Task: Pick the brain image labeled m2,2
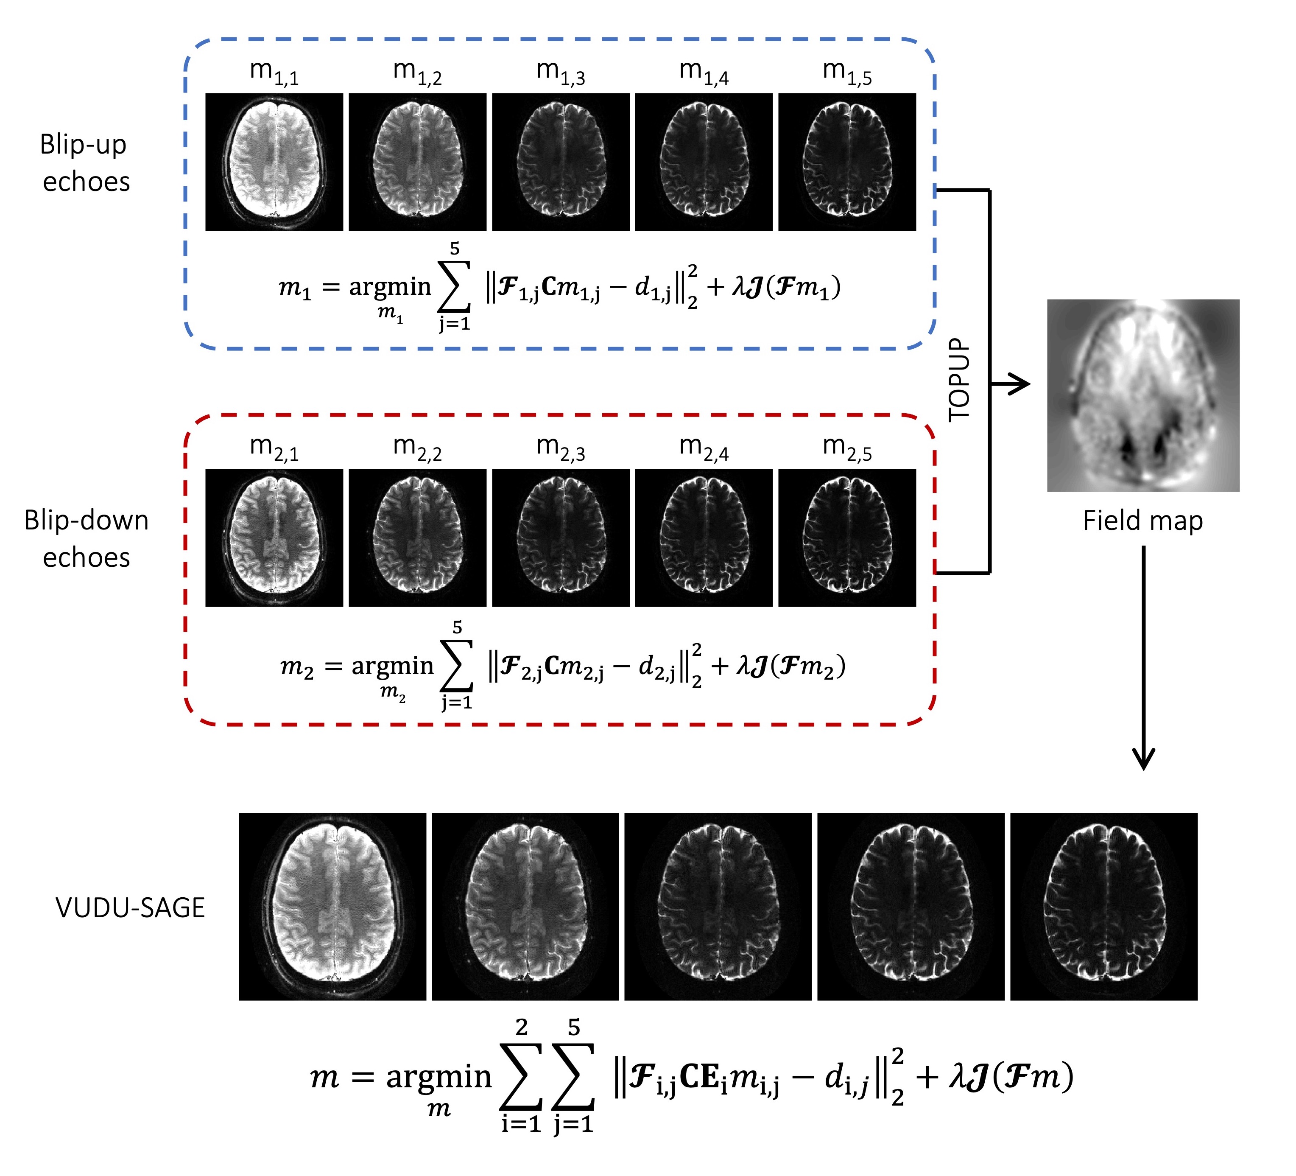pyautogui.click(x=417, y=538)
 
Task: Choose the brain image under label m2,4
pyautogui.click(x=703, y=538)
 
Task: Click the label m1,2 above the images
pyautogui.click(x=417, y=72)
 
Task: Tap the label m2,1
pyautogui.click(x=274, y=448)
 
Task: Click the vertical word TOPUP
pyautogui.click(x=959, y=379)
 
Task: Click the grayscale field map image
pyautogui.click(x=1143, y=395)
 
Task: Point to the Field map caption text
pyautogui.click(x=1142, y=521)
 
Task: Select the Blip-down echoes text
pyautogui.click(x=86, y=539)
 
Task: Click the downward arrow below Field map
pyautogui.click(x=1143, y=656)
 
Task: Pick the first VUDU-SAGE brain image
pyautogui.click(x=332, y=907)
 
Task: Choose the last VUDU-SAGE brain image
pyautogui.click(x=1104, y=907)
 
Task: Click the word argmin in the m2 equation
pyautogui.click(x=392, y=666)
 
